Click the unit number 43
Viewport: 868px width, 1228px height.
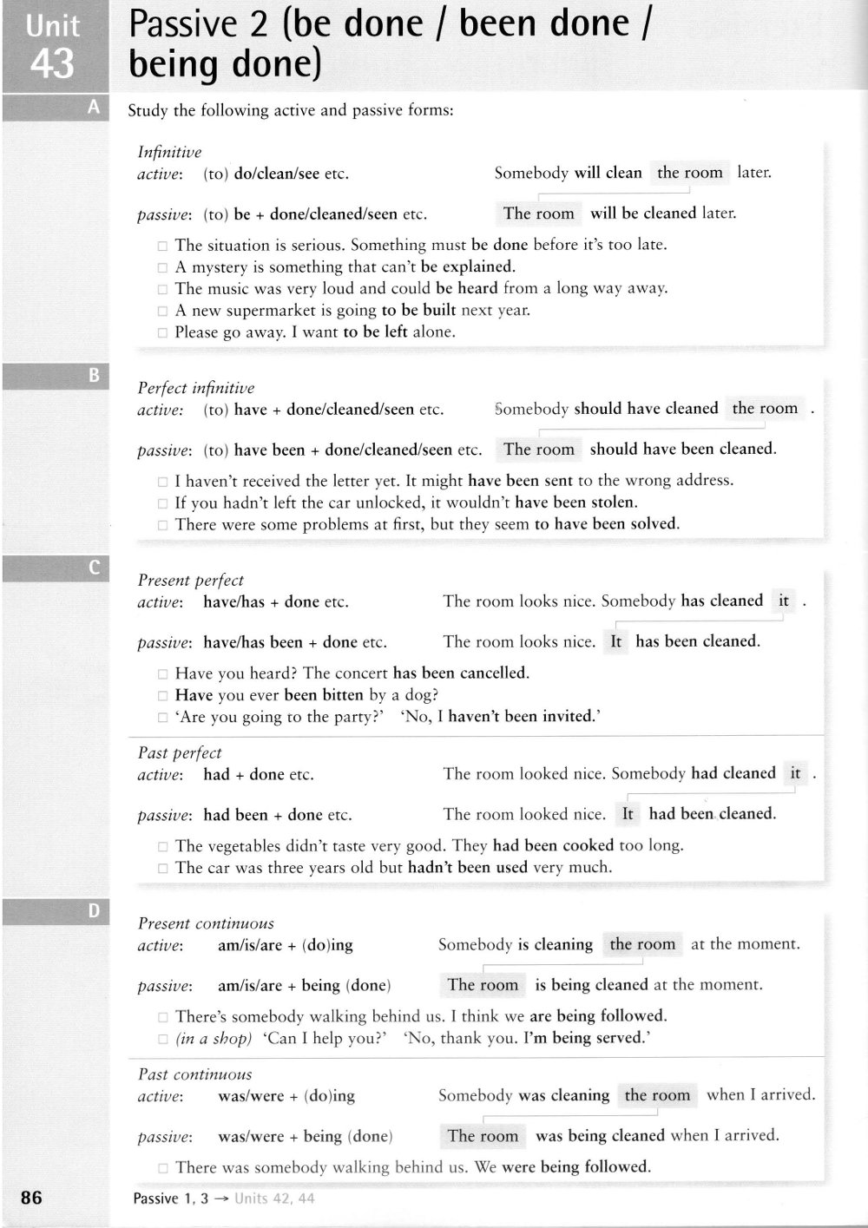[53, 63]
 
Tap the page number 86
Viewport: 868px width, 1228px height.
[31, 1198]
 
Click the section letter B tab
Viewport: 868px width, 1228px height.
[94, 376]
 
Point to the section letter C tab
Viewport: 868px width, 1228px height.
[94, 568]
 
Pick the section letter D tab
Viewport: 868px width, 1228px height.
[94, 910]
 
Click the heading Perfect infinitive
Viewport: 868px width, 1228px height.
[196, 388]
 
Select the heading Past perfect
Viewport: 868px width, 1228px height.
[180, 752]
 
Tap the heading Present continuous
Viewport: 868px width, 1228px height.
[206, 923]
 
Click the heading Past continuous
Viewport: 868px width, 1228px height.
[195, 1074]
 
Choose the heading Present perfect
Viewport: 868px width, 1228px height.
[191, 580]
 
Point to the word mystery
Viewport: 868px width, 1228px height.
[220, 266]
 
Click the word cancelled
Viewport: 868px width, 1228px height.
[494, 673]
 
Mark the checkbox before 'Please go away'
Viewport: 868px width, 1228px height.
[162, 332]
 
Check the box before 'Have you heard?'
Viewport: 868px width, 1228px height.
[162, 673]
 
